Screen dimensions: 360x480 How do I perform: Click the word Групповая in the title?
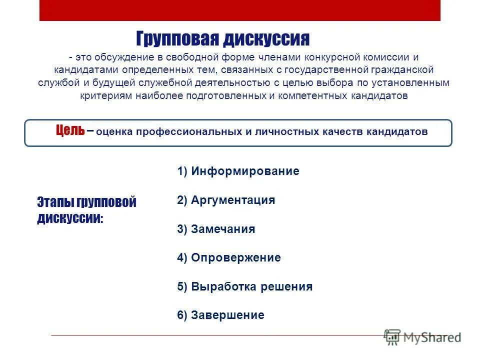coord(177,38)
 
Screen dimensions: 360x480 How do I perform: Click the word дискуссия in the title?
coord(266,38)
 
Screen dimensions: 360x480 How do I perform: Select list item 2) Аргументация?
coord(226,200)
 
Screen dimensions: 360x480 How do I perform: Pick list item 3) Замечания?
coord(216,229)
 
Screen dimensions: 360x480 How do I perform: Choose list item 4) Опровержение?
coord(229,258)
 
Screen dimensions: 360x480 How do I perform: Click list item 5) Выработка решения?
coord(244,287)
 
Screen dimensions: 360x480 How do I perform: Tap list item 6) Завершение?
coord(220,315)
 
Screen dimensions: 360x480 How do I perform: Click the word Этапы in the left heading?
coord(55,202)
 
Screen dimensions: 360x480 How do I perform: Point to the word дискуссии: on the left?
coord(70,218)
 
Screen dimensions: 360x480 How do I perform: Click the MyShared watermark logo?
coord(422,336)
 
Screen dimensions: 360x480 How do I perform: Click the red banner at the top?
coord(240,10)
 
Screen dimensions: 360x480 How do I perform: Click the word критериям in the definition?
coord(106,96)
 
